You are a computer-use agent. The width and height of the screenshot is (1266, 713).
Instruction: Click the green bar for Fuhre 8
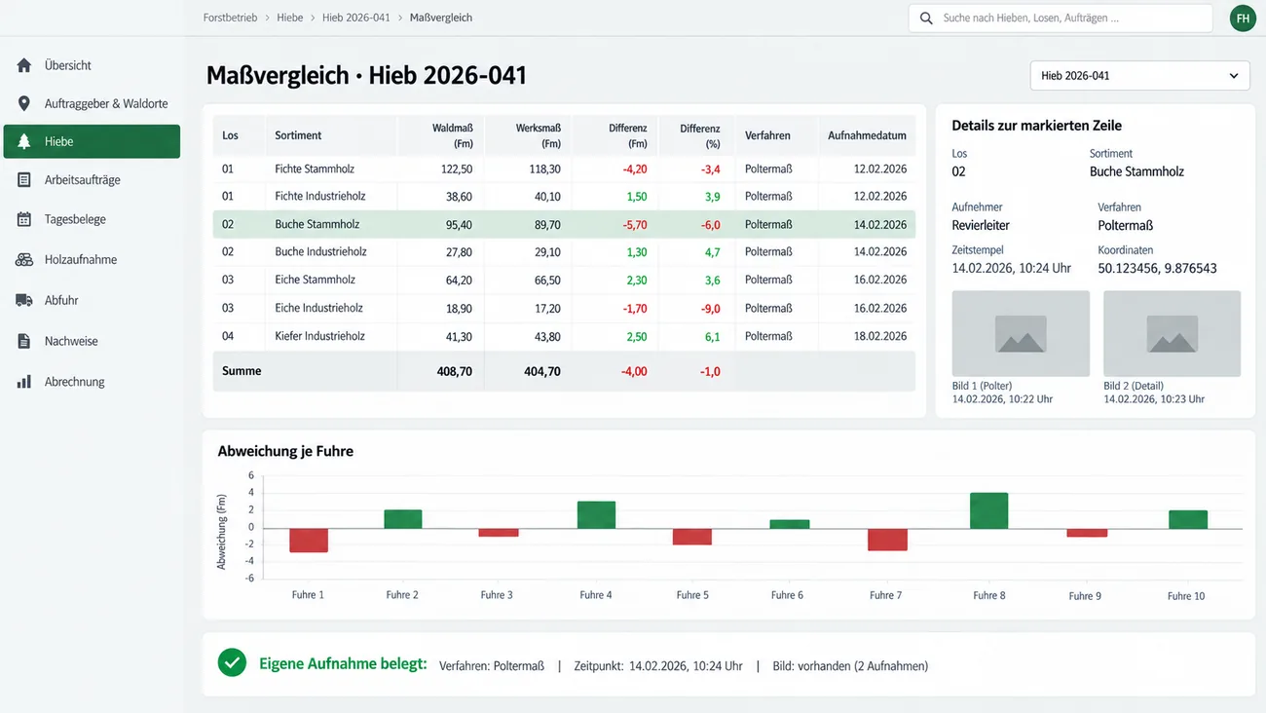click(988, 510)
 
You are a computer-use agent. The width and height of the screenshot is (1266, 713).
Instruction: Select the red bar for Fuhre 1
click(309, 541)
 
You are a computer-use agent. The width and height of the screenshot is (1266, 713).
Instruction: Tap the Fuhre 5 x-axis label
click(691, 595)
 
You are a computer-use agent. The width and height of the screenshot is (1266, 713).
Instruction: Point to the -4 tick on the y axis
click(249, 561)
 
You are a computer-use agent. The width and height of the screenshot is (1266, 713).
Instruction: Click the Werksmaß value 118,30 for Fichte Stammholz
click(544, 169)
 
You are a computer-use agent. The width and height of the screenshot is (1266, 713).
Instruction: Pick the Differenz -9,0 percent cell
click(710, 309)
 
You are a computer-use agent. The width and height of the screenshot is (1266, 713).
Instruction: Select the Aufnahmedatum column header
click(867, 135)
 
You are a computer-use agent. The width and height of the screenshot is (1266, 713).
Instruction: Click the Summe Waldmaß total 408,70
click(454, 371)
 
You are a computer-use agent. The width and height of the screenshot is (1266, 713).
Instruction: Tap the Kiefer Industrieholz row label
click(319, 336)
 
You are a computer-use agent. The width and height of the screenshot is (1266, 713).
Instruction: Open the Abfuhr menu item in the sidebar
click(61, 300)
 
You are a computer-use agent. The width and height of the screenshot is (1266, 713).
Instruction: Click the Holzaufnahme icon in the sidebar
click(23, 259)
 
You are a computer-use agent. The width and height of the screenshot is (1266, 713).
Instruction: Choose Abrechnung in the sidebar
click(74, 382)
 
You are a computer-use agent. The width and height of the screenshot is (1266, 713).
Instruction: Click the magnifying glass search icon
click(926, 19)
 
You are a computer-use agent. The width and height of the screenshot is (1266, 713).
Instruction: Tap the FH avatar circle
click(1243, 19)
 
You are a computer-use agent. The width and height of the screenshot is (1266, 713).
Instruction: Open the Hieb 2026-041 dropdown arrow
click(1233, 76)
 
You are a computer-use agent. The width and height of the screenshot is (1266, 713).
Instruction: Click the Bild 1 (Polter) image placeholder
click(1021, 333)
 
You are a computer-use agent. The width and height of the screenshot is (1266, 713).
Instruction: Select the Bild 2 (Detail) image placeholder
click(1172, 333)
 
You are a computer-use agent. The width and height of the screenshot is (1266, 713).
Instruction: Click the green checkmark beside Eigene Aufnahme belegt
click(232, 662)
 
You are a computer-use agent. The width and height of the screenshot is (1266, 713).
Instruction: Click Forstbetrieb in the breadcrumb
click(230, 18)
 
